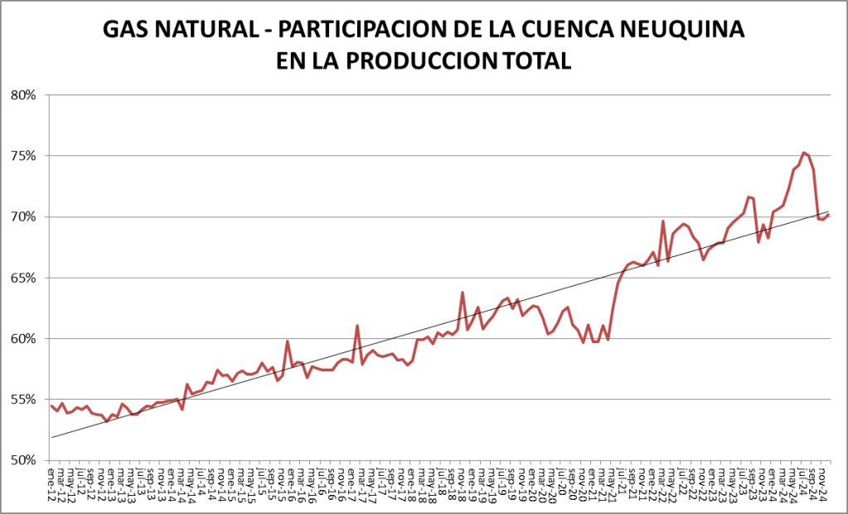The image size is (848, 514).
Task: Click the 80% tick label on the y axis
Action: tap(23, 95)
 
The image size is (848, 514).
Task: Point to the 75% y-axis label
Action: tap(23, 156)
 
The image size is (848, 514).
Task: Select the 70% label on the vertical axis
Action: tap(23, 216)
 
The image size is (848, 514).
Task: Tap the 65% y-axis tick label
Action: tap(23, 278)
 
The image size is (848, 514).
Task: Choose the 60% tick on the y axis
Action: tap(23, 338)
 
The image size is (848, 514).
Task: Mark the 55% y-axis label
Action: tap(23, 400)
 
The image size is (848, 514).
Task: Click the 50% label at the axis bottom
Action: tap(23, 460)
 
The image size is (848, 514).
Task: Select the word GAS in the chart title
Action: tap(125, 31)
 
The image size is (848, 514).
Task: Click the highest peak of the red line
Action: tap(803, 153)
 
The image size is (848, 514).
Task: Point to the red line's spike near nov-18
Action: tap(463, 292)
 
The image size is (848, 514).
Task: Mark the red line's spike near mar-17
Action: tap(356, 325)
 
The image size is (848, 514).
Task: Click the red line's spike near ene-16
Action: tap(287, 341)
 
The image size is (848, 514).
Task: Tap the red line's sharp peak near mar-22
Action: tap(663, 221)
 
